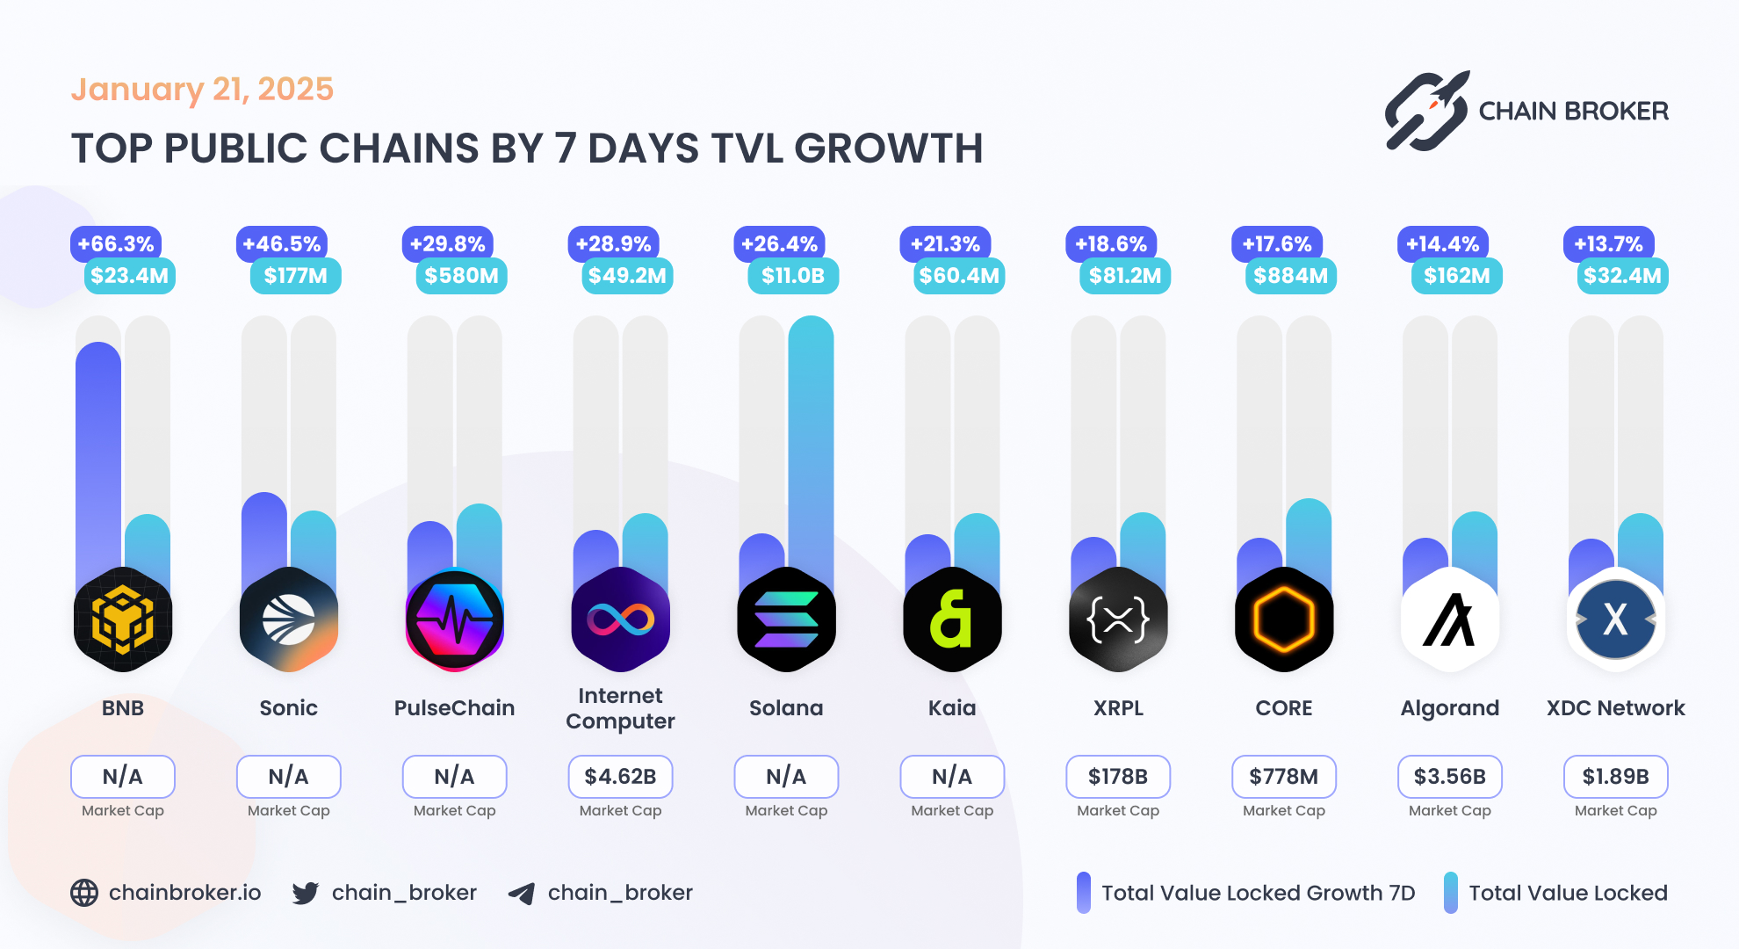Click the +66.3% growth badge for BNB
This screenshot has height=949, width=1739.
coord(116,244)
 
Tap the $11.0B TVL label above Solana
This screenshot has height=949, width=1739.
coord(793,276)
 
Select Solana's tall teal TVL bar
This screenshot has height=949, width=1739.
coord(811,439)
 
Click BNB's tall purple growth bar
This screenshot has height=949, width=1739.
coord(98,457)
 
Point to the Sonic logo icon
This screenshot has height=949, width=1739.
coord(289,619)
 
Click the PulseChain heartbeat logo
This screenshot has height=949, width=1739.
coord(455,619)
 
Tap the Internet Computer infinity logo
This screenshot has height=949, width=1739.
coord(621,619)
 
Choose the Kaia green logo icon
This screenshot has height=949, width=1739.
coord(952,619)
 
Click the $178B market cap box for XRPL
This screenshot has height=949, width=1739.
coord(1118,777)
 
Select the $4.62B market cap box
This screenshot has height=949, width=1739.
coord(621,777)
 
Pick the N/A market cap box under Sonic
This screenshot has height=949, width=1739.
coord(289,777)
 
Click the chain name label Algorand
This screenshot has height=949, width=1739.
coord(1450,708)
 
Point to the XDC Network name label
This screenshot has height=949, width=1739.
coord(1615,708)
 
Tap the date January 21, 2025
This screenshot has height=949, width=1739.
coord(202,90)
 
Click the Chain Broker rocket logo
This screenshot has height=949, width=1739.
coord(1427,112)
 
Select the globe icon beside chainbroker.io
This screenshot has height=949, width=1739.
coord(84,893)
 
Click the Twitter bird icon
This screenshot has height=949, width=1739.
coord(306,893)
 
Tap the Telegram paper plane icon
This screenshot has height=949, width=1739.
coord(522,894)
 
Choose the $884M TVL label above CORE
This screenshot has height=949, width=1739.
coord(1290,276)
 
